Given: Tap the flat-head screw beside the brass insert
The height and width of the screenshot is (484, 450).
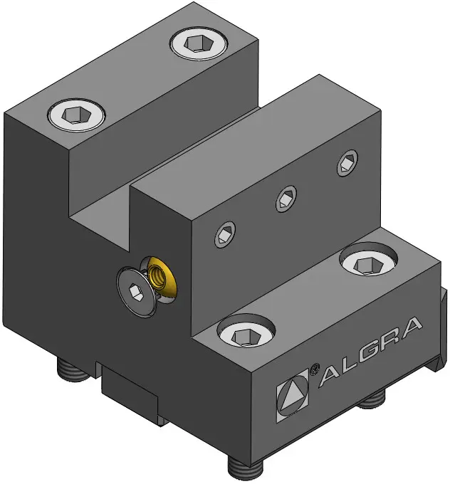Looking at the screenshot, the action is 136,293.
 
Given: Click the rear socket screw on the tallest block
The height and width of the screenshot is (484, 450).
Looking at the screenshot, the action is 199,43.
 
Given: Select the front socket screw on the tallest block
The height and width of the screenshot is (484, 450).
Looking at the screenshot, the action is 76,115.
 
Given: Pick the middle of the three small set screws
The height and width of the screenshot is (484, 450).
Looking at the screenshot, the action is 286,199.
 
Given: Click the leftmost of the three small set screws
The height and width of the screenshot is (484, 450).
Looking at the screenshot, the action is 225,235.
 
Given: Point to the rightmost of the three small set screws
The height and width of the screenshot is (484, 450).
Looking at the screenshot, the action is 347,163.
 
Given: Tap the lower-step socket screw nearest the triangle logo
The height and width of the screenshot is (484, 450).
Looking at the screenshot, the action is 246,330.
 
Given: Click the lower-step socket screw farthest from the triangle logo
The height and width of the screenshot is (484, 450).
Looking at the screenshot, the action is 368,258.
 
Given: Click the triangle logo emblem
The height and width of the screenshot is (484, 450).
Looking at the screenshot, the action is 292,395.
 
